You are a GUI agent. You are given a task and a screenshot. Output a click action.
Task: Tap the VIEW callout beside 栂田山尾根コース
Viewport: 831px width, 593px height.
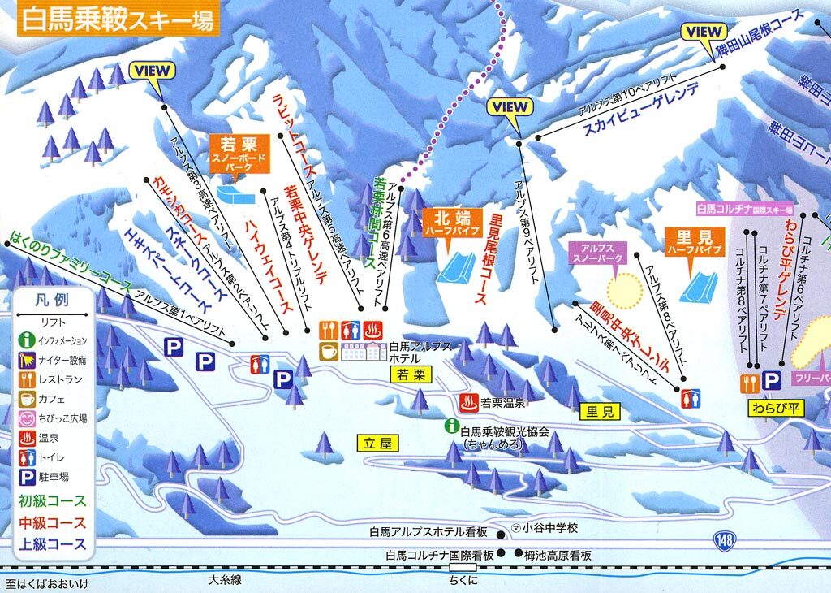pos(703,32)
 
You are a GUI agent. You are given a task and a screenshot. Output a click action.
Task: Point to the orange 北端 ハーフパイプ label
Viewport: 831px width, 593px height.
pos(451,223)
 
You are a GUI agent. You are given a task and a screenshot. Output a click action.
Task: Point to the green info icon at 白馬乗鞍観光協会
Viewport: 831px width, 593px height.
pos(450,425)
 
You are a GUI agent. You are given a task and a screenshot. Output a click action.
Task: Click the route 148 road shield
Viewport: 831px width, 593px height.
pos(725,540)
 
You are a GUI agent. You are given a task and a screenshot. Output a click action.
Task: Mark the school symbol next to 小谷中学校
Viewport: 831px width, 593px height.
pos(514,527)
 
